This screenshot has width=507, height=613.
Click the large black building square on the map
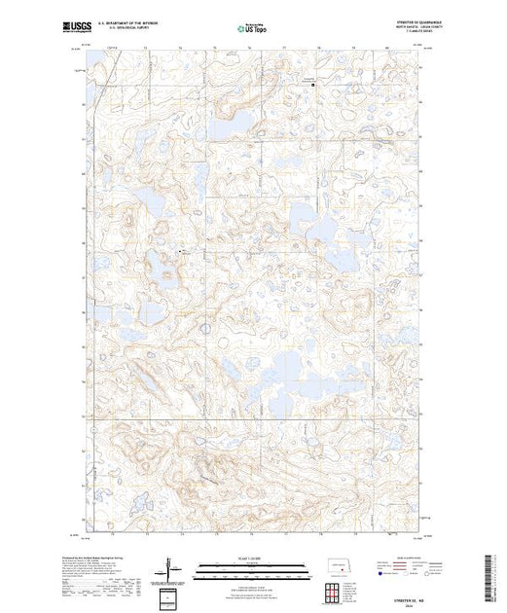tap(312, 86)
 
